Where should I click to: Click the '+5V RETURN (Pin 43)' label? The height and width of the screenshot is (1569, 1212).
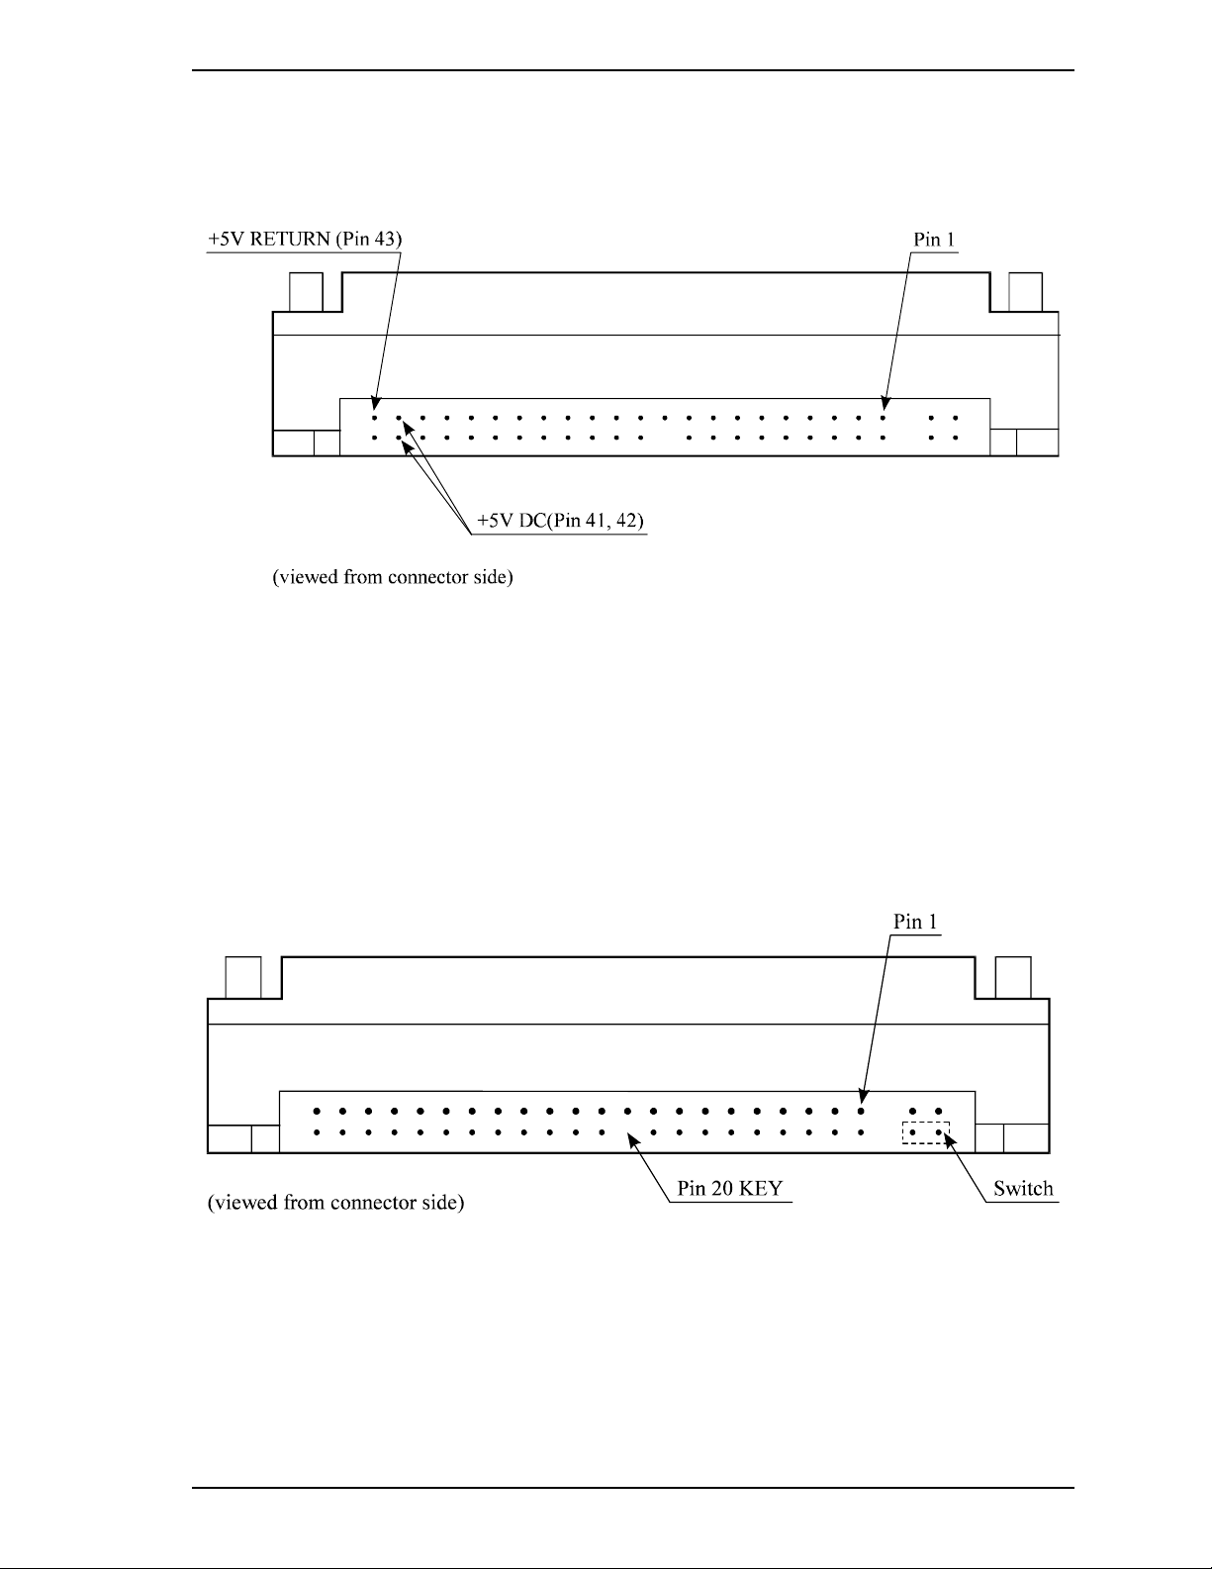(306, 240)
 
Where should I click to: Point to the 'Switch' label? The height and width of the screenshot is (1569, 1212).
(1023, 1189)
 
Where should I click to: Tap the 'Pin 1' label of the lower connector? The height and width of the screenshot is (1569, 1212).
(916, 921)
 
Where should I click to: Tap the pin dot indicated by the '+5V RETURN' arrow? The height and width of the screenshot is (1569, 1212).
(375, 404)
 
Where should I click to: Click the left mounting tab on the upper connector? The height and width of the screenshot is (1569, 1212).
(305, 292)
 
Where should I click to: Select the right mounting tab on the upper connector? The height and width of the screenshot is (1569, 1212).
(1024, 292)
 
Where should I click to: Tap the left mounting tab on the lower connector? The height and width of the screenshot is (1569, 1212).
(243, 978)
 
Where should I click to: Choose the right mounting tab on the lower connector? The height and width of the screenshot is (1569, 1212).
(1013, 978)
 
